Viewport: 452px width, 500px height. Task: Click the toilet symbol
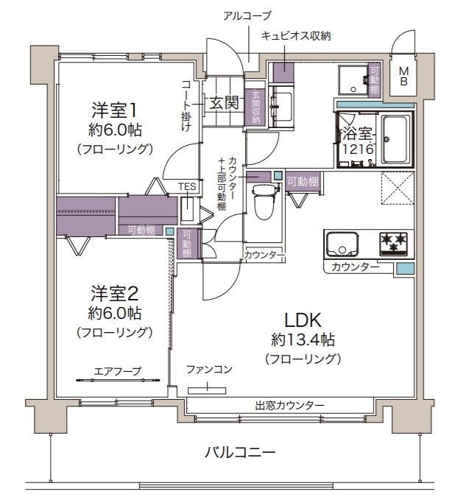[266, 202]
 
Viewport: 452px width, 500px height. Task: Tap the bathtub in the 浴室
[395, 139]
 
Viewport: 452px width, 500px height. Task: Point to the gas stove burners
[393, 244]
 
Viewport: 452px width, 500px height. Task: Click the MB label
[403, 76]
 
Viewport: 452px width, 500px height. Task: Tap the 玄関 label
[224, 102]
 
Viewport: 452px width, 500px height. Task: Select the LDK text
[303, 320]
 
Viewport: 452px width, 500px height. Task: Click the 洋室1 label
[114, 110]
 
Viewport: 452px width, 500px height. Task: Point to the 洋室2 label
[114, 293]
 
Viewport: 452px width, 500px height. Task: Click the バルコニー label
[240, 452]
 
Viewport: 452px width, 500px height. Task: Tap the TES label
[187, 186]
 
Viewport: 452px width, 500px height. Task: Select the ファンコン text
[209, 370]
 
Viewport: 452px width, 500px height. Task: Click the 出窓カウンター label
[289, 405]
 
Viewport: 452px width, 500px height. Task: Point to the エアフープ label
[117, 371]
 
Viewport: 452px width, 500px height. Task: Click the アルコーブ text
[247, 15]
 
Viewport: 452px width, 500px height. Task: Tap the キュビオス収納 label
[296, 35]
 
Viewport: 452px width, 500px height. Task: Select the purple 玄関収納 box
[256, 108]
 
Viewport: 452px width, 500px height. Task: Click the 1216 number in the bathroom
[358, 149]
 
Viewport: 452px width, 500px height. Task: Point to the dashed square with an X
[398, 188]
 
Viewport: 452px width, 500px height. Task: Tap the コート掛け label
[187, 106]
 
